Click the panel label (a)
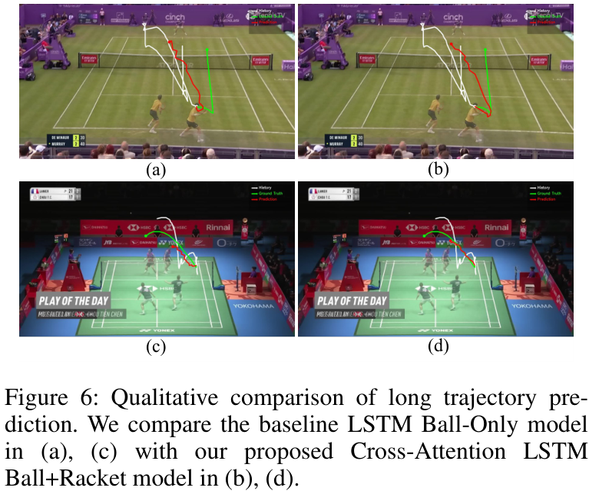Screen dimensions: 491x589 (x=157, y=170)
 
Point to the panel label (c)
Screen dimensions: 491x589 (x=157, y=347)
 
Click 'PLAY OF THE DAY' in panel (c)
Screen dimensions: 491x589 (x=76, y=300)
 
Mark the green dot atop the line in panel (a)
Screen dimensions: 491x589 (x=207, y=51)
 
